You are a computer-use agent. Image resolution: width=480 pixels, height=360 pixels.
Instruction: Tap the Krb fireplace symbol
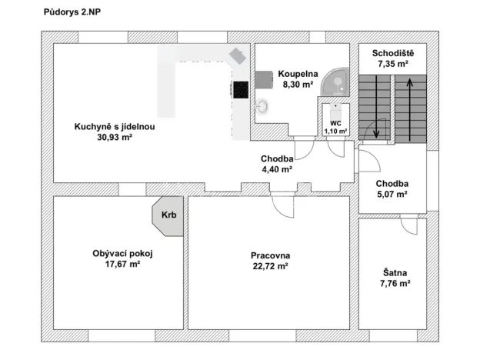[168, 215]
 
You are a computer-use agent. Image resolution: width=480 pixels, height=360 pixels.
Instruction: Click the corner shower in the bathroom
[336, 84]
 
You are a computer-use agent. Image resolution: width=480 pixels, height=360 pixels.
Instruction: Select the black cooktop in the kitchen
[240, 90]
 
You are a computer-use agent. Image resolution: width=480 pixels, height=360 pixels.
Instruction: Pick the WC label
[335, 122]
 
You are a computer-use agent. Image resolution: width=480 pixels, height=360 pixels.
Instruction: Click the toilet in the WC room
[335, 108]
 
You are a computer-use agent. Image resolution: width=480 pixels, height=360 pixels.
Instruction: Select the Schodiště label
[393, 53]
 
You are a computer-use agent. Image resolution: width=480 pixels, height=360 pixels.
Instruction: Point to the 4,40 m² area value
[275, 169]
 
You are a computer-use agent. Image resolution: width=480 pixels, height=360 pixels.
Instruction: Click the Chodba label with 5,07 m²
[392, 184]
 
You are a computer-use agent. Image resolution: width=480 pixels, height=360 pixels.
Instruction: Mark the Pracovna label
[269, 256]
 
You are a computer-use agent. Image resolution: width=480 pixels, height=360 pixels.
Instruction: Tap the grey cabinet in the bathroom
[265, 79]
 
